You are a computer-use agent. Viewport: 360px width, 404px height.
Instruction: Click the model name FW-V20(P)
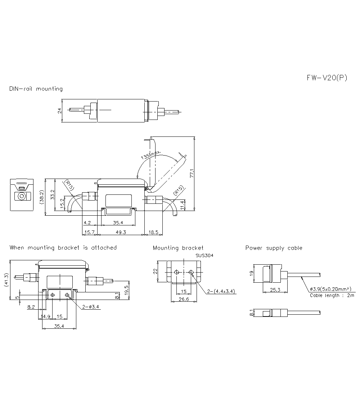(x=327, y=78)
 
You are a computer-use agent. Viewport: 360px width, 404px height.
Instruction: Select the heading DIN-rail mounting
(x=36, y=89)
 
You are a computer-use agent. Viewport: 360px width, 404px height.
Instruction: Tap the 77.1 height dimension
(x=192, y=174)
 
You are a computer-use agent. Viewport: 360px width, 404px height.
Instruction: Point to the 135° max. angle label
(x=151, y=156)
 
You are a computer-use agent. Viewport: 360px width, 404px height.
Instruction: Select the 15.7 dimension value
(x=89, y=233)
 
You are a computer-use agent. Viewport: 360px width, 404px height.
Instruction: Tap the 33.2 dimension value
(x=53, y=195)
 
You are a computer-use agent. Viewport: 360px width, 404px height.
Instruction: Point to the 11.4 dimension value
(x=183, y=205)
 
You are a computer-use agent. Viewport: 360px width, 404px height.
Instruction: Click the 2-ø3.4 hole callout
(x=91, y=307)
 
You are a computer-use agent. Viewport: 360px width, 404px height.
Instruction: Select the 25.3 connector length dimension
(x=272, y=289)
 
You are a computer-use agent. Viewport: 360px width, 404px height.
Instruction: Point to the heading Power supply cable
(x=274, y=248)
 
